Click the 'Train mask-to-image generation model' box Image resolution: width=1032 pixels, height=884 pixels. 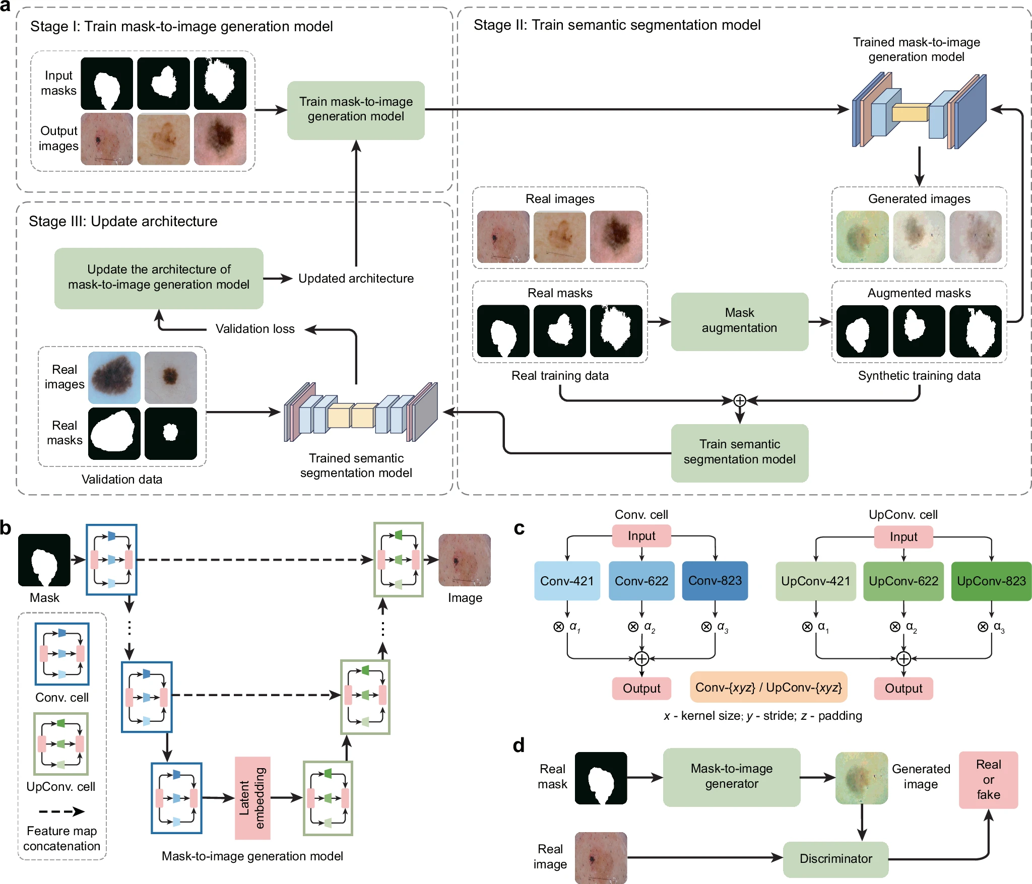tap(356, 110)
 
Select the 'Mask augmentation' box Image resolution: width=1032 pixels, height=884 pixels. tap(739, 321)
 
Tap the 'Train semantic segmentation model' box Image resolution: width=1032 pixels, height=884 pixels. tap(739, 452)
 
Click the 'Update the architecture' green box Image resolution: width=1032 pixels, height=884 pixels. tap(159, 278)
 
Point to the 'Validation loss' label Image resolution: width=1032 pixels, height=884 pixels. tap(255, 329)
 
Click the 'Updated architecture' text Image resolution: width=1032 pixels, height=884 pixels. tap(356, 279)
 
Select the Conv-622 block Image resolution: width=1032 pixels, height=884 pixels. tap(641, 581)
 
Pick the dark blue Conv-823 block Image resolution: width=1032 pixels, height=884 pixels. tap(715, 581)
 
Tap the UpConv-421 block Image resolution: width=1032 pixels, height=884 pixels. tap(815, 581)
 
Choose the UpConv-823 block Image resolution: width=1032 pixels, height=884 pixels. tap(991, 581)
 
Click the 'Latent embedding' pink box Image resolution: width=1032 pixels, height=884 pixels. tap(252, 798)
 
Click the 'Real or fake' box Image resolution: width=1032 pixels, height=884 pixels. tap(988, 780)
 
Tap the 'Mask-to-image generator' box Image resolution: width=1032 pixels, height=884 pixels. tap(732, 777)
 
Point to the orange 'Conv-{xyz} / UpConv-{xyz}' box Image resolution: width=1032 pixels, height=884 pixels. tap(768, 687)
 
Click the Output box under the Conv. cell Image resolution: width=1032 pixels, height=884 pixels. tap(641, 689)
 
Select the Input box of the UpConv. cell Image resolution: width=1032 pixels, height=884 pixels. tap(904, 537)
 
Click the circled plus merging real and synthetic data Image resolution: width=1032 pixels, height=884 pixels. tap(740, 401)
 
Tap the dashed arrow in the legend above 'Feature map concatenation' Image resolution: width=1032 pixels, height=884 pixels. tap(61, 811)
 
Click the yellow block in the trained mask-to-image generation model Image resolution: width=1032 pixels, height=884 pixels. tap(910, 113)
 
